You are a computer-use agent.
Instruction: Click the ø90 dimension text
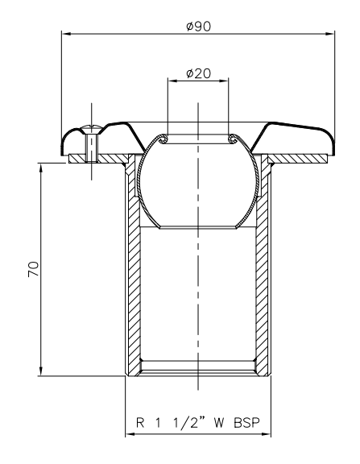tap(198, 26)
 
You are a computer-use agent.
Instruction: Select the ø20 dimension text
tap(198, 73)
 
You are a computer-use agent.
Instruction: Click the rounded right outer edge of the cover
tap(331, 143)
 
